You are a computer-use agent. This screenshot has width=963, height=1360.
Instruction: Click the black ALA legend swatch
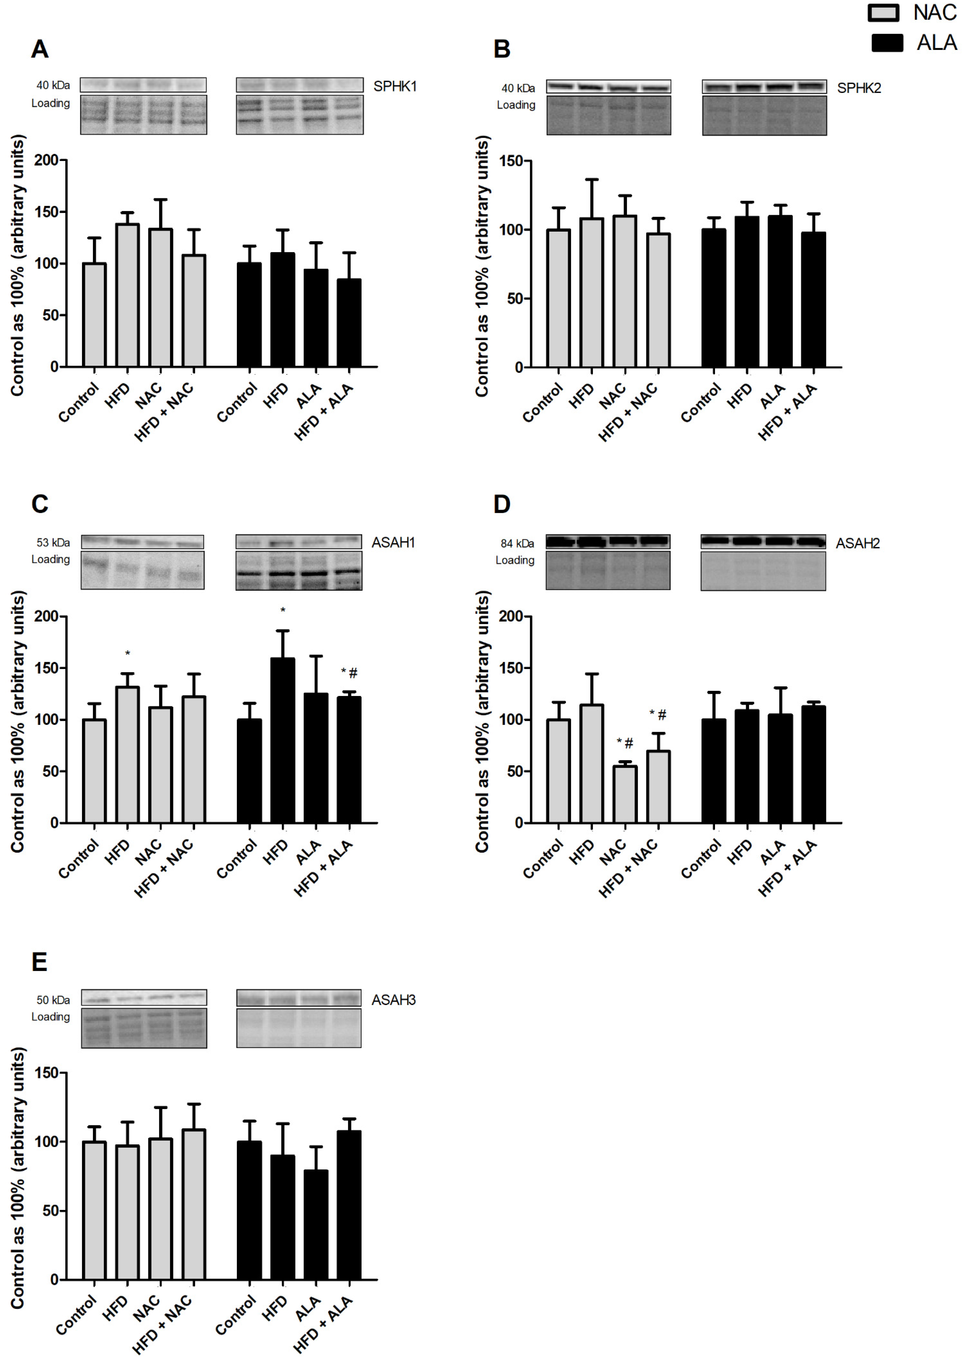click(x=886, y=43)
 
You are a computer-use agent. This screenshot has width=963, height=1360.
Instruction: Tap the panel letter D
click(x=502, y=504)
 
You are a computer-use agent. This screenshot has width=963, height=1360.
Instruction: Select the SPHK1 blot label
click(x=395, y=87)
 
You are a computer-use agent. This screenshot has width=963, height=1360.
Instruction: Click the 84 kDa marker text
click(x=517, y=543)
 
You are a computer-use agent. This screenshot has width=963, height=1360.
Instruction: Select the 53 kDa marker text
click(x=53, y=542)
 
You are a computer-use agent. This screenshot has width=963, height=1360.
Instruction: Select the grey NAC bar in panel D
click(x=624, y=794)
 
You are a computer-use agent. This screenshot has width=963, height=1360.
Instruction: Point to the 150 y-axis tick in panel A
click(x=46, y=212)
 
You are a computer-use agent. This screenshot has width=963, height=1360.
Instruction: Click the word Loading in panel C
click(x=50, y=559)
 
